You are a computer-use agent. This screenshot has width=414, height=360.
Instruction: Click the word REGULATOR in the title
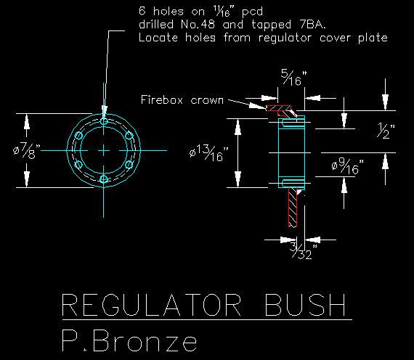(152, 305)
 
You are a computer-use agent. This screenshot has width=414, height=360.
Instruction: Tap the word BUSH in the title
(306, 305)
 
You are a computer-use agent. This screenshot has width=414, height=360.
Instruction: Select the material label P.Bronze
(129, 340)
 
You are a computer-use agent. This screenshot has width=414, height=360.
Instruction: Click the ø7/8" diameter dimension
(27, 151)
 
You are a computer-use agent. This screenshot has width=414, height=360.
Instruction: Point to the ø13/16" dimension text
(209, 153)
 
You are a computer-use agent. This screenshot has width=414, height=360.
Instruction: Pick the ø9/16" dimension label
(348, 167)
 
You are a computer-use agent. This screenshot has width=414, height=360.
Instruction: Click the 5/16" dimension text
(294, 78)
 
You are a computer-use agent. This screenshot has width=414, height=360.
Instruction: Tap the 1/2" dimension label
(386, 131)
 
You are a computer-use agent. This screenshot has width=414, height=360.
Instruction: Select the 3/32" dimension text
(304, 250)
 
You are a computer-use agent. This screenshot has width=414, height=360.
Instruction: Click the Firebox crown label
(182, 99)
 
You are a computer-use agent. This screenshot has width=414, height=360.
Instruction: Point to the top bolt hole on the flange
(104, 122)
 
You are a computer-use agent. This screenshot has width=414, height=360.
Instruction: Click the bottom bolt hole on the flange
(104, 179)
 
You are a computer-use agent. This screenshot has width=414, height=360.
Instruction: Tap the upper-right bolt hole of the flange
(129, 136)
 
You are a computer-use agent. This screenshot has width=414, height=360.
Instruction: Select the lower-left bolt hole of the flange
(78, 165)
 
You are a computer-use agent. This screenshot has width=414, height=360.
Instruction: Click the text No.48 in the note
(198, 25)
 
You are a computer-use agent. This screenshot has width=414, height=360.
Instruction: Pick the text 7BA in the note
(312, 25)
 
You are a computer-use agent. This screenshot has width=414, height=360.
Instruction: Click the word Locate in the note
(158, 38)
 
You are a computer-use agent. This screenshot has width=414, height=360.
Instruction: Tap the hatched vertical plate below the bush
(293, 207)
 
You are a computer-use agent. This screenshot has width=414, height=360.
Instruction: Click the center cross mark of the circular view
(104, 151)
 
